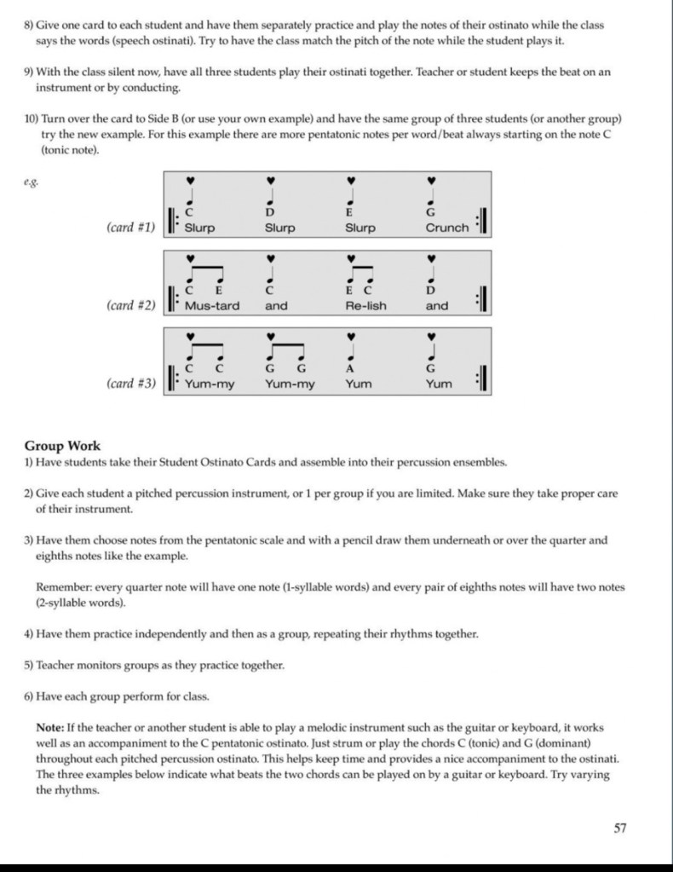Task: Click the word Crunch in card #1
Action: click(447, 228)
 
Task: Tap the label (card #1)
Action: click(131, 228)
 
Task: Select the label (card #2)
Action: click(131, 305)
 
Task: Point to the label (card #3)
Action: click(131, 384)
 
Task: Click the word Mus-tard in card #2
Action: click(212, 306)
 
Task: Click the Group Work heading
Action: click(62, 446)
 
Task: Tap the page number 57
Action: click(620, 827)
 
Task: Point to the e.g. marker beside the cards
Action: click(31, 181)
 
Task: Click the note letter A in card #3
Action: click(350, 369)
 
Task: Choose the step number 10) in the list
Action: click(32, 118)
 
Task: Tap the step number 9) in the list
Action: click(28, 72)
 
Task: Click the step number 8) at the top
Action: click(28, 26)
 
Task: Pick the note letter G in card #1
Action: click(431, 212)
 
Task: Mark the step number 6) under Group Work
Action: click(28, 696)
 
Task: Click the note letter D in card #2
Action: click(431, 291)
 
